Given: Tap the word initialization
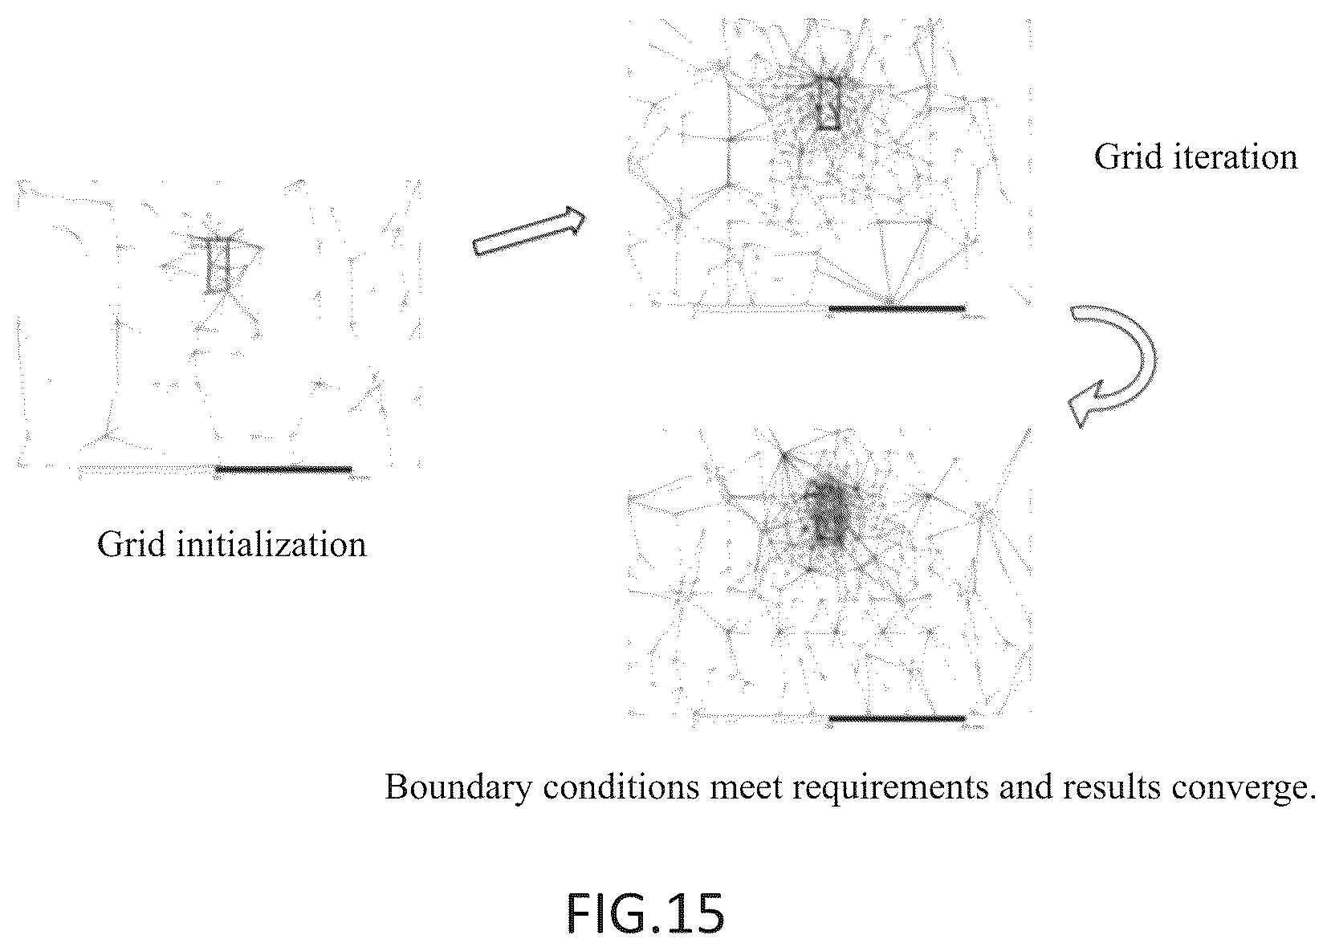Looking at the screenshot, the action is [x=271, y=543].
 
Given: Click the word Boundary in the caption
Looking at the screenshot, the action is [x=458, y=789].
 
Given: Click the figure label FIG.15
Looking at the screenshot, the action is [x=645, y=913].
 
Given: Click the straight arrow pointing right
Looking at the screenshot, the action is [x=529, y=231].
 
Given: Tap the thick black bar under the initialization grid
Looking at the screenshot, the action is [x=283, y=469].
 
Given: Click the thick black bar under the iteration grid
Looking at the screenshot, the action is [x=898, y=308].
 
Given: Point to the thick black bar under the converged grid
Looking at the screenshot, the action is [x=898, y=718].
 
